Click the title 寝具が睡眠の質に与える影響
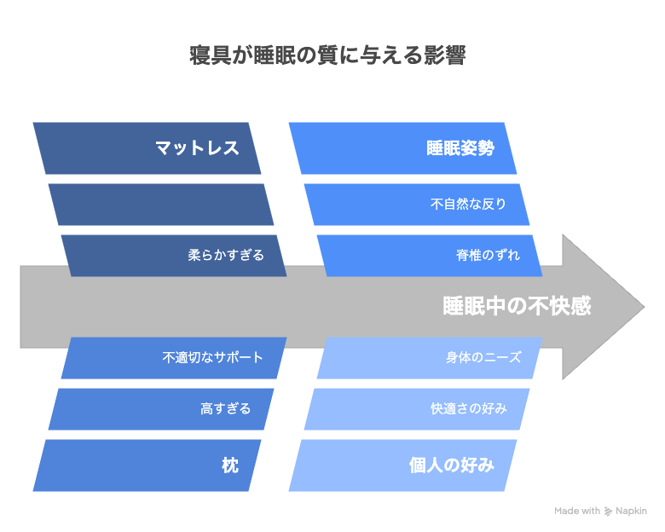(327, 55)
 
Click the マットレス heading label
(197, 148)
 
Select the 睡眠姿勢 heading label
(460, 148)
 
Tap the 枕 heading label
(230, 465)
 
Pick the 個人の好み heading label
(452, 465)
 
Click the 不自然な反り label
(468, 204)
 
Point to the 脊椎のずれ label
(488, 255)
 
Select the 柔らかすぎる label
(226, 255)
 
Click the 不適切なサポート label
(213, 357)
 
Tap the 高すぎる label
(226, 408)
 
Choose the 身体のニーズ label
(483, 357)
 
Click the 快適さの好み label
(469, 408)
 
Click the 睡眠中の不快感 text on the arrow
(517, 306)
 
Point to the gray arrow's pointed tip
(644, 307)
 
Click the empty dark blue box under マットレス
(161, 205)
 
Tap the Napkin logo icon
(608, 512)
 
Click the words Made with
(577, 511)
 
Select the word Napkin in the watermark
(631, 512)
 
